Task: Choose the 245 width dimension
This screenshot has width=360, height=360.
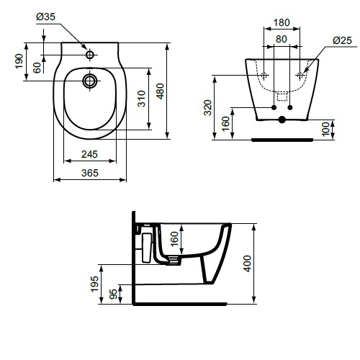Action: (89, 153)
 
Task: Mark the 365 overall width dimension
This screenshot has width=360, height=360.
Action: (89, 173)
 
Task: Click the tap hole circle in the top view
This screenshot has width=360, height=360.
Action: (90, 55)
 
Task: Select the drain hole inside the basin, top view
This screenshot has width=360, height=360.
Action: (90, 79)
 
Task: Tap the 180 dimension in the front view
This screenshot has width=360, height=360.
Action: (283, 22)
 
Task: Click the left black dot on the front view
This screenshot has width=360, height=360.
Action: (274, 109)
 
